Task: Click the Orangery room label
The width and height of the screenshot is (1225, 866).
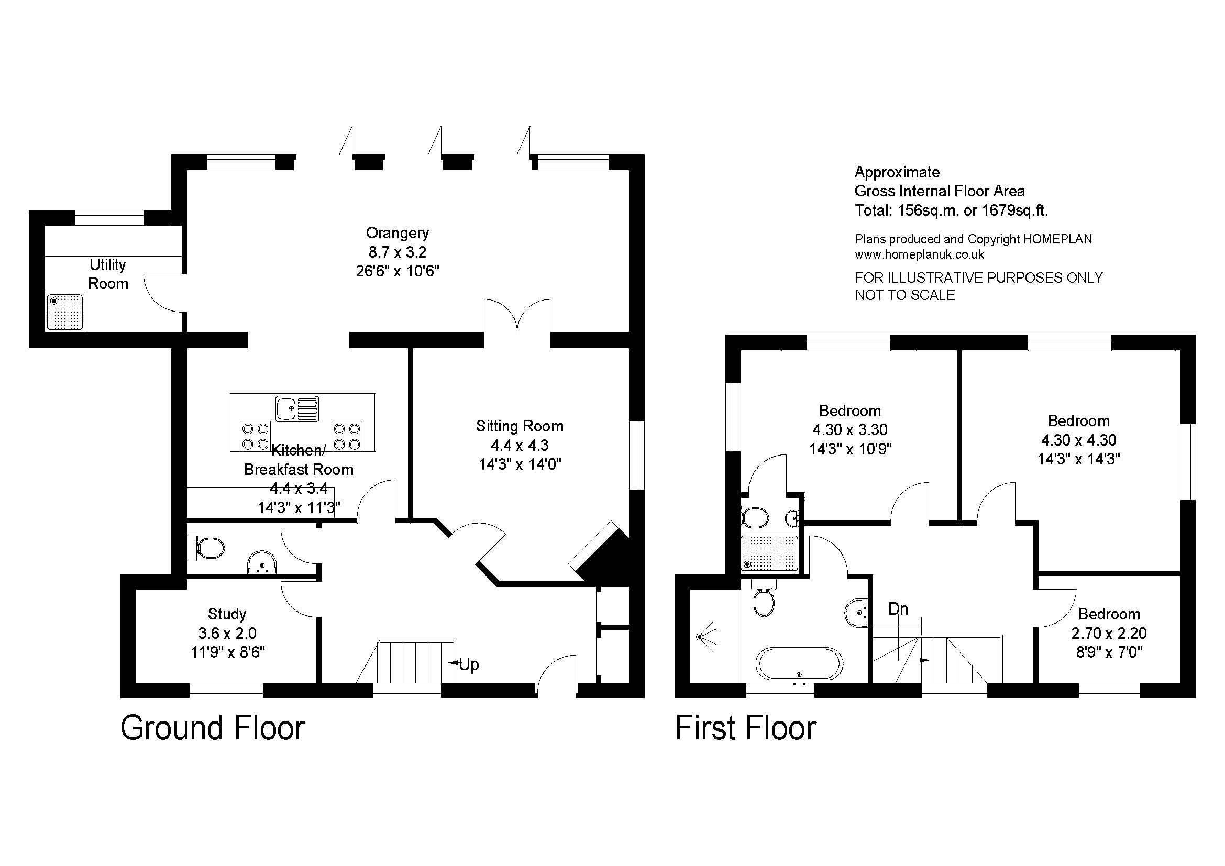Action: pyautogui.click(x=398, y=233)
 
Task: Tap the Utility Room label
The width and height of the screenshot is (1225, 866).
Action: pyautogui.click(x=108, y=274)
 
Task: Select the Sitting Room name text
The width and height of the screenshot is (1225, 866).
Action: pyautogui.click(x=520, y=426)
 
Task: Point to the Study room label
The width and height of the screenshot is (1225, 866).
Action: pyautogui.click(x=227, y=614)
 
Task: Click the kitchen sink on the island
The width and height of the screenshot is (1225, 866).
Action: pyautogui.click(x=297, y=408)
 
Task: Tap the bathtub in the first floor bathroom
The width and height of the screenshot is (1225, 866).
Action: pyautogui.click(x=799, y=663)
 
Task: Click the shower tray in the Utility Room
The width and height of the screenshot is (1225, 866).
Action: pyautogui.click(x=65, y=312)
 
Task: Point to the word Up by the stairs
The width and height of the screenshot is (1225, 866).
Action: pyautogui.click(x=469, y=664)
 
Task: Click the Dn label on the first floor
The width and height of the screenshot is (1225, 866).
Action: pyautogui.click(x=898, y=609)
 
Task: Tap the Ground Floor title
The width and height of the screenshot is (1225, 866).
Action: pyautogui.click(x=213, y=728)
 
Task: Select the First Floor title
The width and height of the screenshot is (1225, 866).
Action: pyautogui.click(x=746, y=728)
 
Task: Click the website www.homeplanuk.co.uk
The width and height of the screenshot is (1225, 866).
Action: pyautogui.click(x=919, y=254)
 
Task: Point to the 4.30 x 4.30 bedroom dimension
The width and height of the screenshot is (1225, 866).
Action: pyautogui.click(x=1078, y=440)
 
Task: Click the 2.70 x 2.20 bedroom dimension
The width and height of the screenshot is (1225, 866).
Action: pyautogui.click(x=1109, y=633)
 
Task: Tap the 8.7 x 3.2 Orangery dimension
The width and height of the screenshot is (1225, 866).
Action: pyautogui.click(x=398, y=252)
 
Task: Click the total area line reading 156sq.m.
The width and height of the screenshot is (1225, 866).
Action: pyautogui.click(x=951, y=210)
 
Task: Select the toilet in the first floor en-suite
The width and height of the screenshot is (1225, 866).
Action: pyautogui.click(x=756, y=517)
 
